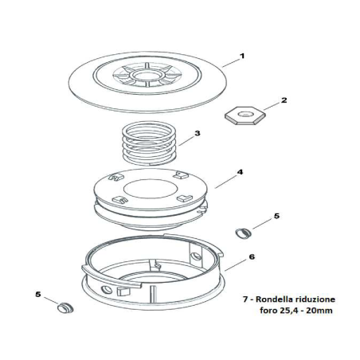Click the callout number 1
tap(242, 57)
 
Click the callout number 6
tap(252, 257)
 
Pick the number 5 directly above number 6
tap(276, 215)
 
